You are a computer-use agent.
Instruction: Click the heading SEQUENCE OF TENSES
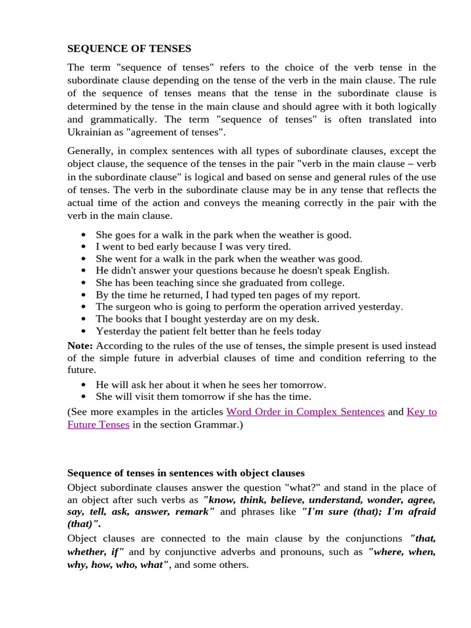coord(129,48)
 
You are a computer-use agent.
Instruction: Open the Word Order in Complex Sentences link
coord(305,412)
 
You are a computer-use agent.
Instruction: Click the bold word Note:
coord(80,345)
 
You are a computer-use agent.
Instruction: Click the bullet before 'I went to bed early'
coord(83,247)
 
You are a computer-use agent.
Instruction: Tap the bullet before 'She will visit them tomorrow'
coord(83,397)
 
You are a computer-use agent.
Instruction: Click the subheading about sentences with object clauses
coord(186,473)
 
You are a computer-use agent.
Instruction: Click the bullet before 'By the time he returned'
coord(83,295)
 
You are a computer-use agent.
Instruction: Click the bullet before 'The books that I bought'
coord(83,319)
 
